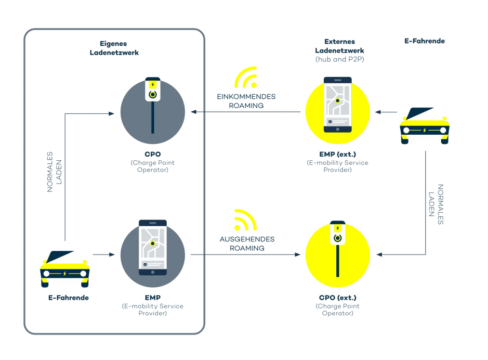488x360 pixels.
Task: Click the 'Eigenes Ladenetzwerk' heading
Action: [113, 48]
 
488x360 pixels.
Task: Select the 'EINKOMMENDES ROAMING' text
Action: [246, 101]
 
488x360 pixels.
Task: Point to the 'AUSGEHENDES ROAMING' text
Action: [246, 243]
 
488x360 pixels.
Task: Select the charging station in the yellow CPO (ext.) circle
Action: [338, 247]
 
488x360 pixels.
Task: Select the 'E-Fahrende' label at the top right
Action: [424, 41]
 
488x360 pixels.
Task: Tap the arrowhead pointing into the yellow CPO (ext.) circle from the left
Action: [298, 254]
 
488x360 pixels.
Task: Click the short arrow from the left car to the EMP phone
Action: [103, 254]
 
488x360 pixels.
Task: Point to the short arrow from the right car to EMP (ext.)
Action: [384, 112]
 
